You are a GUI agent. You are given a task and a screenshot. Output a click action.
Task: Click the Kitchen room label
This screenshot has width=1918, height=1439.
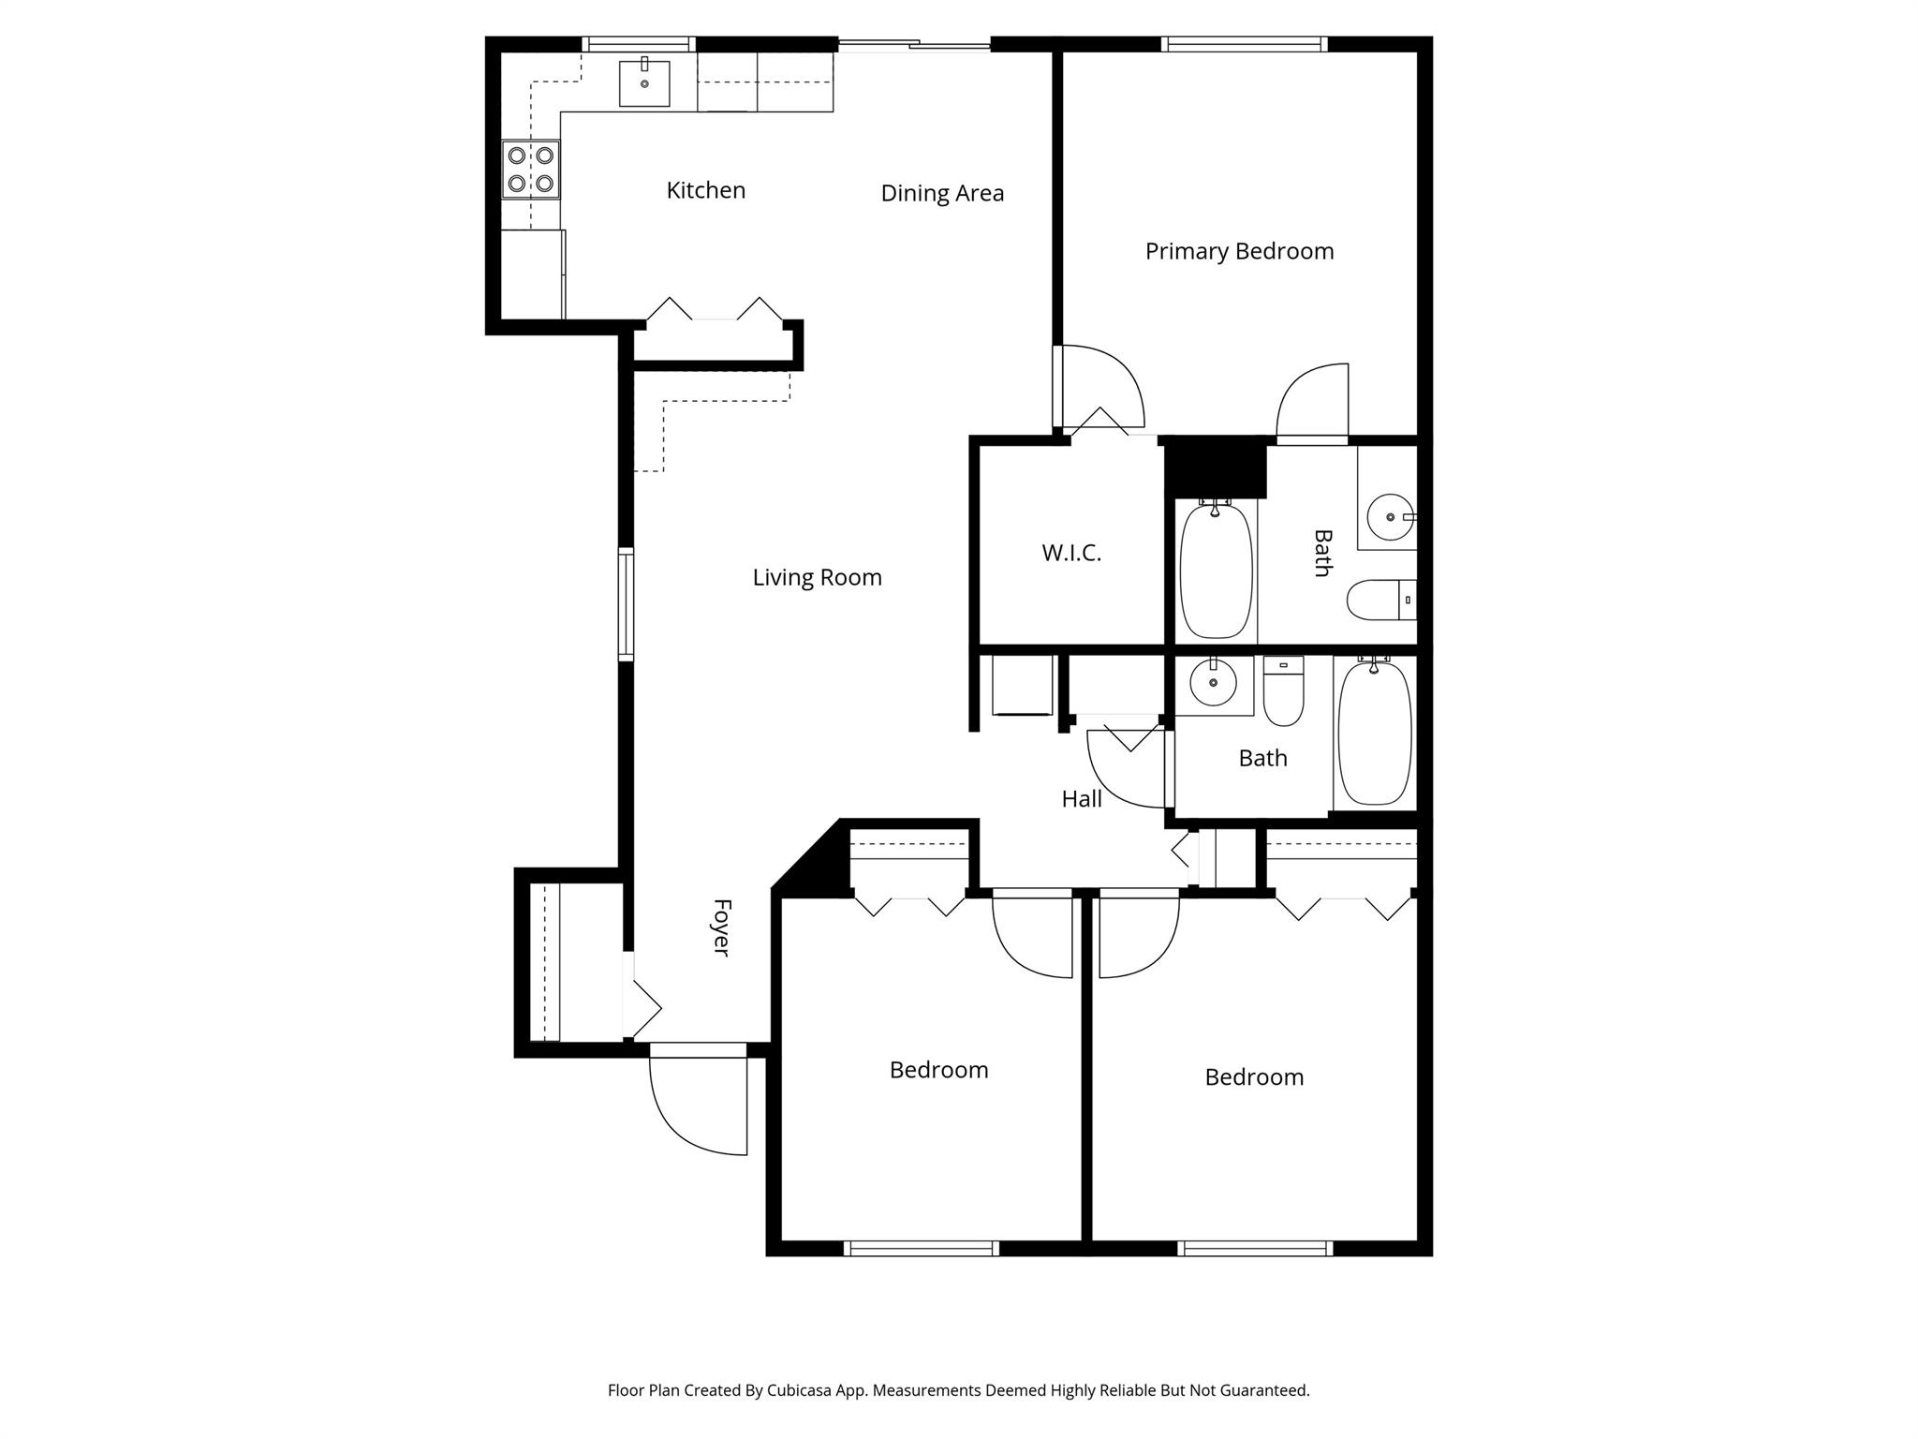click(705, 190)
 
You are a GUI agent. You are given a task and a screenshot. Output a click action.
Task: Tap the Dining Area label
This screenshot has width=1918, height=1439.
click(942, 193)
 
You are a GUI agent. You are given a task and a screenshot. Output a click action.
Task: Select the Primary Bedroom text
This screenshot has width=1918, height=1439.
click(1239, 251)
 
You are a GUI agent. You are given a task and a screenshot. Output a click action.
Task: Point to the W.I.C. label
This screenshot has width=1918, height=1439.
click(1071, 553)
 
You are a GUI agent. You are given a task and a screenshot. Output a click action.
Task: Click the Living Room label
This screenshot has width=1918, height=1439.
click(817, 577)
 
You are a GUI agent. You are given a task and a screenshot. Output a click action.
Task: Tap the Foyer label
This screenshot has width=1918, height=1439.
click(720, 927)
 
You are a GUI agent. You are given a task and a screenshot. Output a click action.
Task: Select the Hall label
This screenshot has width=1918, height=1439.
click(1082, 799)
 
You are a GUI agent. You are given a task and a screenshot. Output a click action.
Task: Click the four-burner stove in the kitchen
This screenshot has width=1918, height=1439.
click(530, 169)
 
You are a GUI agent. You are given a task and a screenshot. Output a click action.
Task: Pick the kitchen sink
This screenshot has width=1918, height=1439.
click(644, 82)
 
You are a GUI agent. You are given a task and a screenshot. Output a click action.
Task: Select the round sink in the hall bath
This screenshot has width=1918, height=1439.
click(1214, 683)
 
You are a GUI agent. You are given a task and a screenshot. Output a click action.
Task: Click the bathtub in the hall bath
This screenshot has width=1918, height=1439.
click(1374, 733)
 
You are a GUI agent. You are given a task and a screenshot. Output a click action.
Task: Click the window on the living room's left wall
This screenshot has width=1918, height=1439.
click(626, 604)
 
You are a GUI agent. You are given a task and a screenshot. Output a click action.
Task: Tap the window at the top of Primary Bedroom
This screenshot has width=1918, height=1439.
click(1244, 44)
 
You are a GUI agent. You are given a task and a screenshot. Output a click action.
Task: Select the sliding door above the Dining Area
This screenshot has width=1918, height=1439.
click(913, 44)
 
